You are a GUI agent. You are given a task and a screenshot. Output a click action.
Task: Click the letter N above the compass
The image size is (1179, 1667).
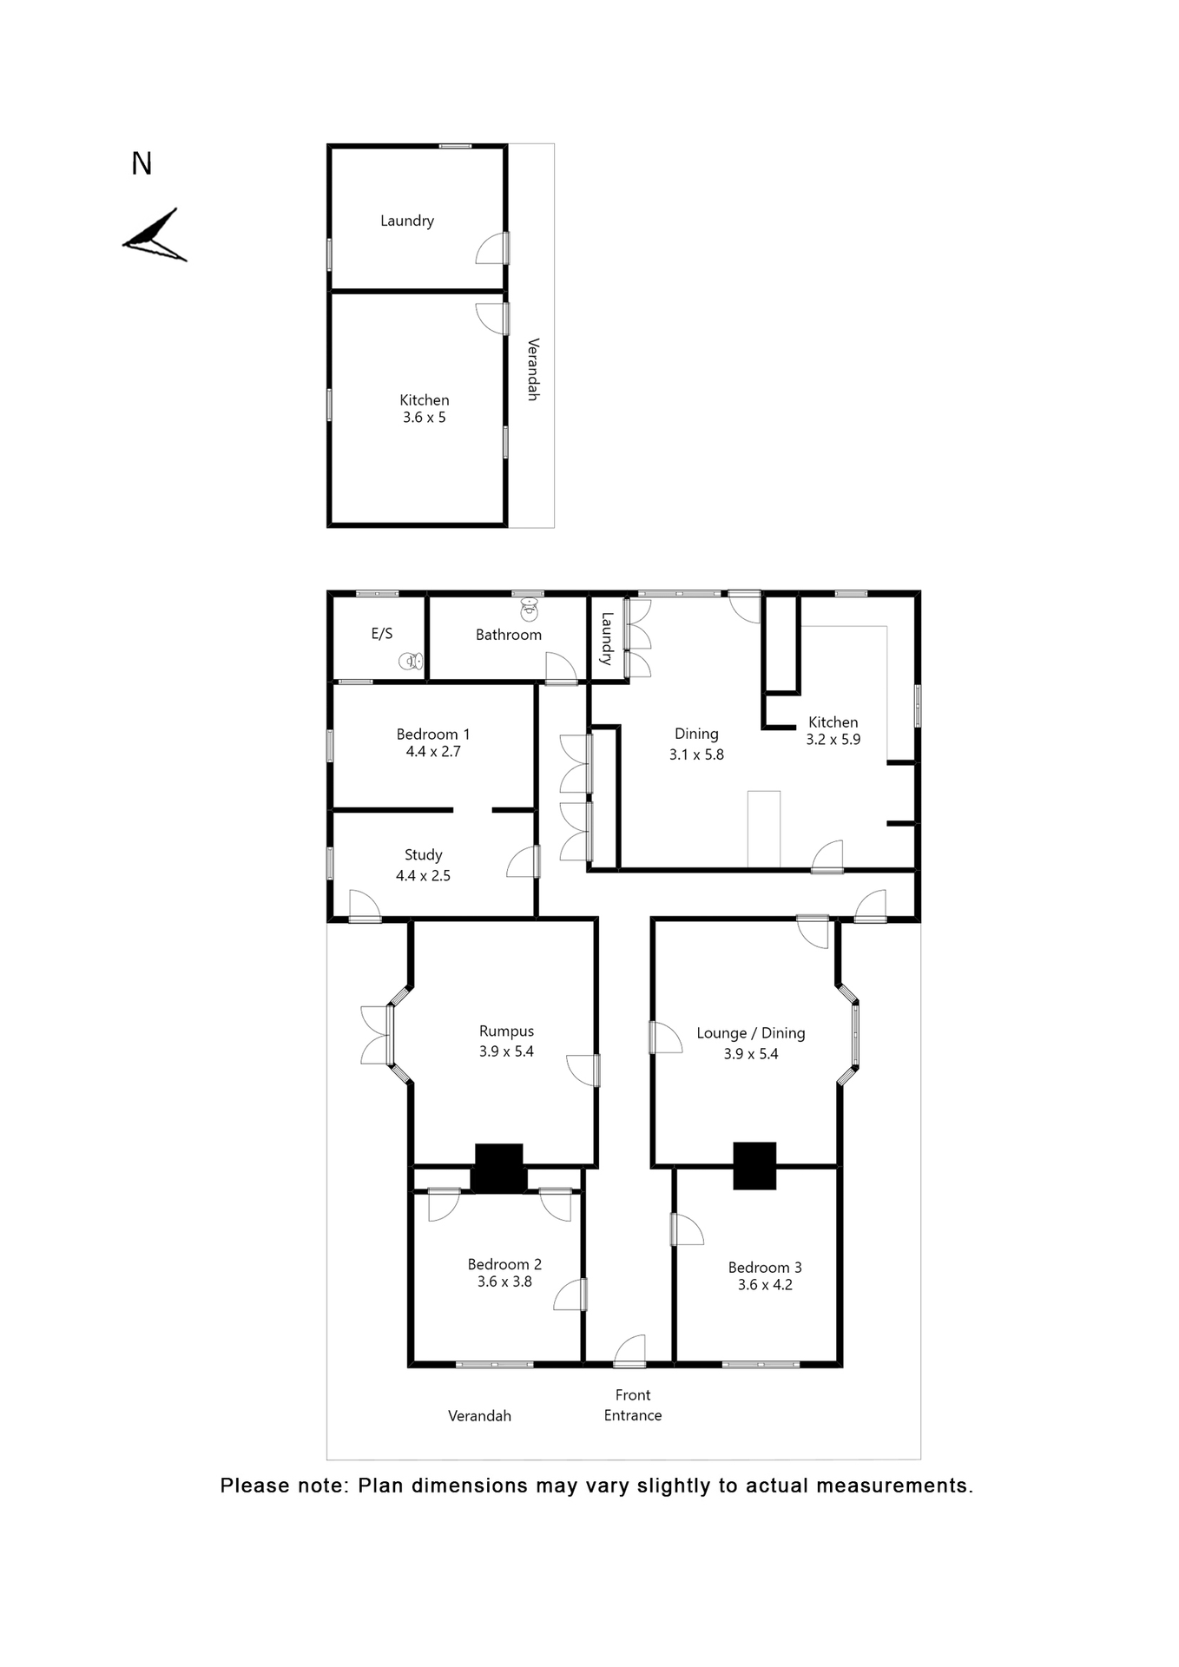[142, 164]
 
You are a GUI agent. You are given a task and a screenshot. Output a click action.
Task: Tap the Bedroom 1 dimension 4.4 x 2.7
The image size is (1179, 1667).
[433, 752]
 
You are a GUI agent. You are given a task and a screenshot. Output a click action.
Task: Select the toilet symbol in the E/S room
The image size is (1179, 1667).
[411, 662]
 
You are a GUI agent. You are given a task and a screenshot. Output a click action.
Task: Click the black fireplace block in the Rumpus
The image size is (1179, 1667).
[499, 1167]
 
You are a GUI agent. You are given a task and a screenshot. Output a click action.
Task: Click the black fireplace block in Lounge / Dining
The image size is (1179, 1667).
[754, 1165]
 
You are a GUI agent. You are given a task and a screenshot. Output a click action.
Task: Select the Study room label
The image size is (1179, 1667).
[423, 855]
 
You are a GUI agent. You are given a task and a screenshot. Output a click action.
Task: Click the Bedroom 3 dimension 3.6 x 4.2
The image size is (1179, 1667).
[765, 1285]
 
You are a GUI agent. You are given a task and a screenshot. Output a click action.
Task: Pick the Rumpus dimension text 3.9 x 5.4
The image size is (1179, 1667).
[506, 1051]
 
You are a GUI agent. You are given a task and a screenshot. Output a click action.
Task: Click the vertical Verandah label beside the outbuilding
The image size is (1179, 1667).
[533, 369]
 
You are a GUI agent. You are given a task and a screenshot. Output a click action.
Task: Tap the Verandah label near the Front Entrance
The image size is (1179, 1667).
[479, 1416]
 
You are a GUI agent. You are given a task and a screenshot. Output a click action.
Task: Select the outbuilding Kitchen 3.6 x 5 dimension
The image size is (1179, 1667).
[424, 418]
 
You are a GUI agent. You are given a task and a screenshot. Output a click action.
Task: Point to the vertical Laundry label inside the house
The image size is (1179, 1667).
[607, 638]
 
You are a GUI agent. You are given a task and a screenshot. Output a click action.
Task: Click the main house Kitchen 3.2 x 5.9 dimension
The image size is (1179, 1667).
[833, 740]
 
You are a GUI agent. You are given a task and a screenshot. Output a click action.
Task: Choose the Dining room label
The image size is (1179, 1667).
[696, 734]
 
